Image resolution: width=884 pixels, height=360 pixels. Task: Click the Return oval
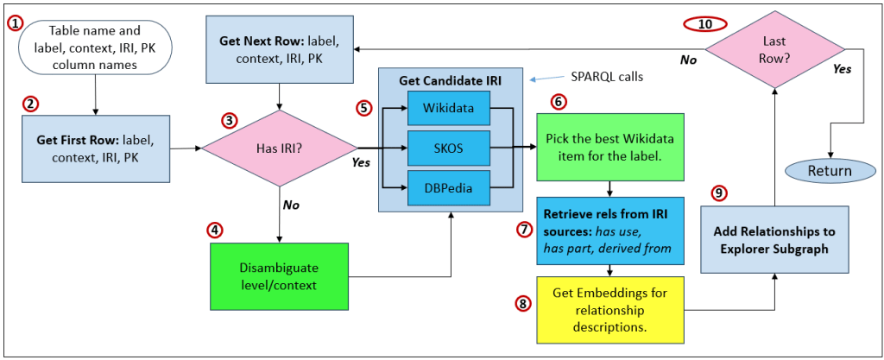point(829,170)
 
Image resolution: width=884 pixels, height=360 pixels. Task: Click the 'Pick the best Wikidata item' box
point(610,146)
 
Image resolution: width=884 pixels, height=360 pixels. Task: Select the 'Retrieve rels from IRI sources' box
point(610,230)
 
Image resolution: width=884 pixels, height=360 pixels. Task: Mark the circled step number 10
point(705,23)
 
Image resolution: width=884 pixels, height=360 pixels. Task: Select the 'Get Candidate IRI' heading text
point(451,81)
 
